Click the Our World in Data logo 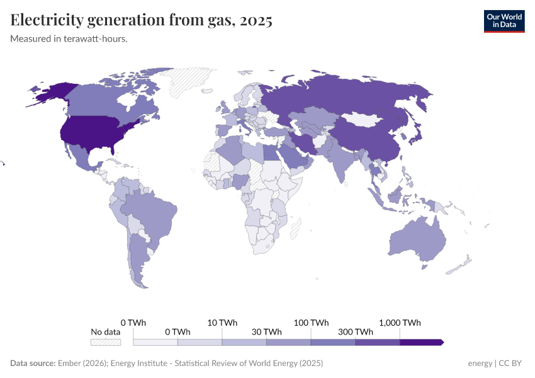[504, 21]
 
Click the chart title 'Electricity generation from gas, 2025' [141, 20]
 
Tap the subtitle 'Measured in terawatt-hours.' [69, 38]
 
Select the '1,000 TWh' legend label [400, 323]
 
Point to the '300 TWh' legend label [356, 332]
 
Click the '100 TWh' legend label [311, 323]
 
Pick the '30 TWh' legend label [267, 332]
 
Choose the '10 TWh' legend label [222, 323]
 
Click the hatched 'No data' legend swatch [105, 343]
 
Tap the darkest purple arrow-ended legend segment [421, 342]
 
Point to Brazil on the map [151, 214]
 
